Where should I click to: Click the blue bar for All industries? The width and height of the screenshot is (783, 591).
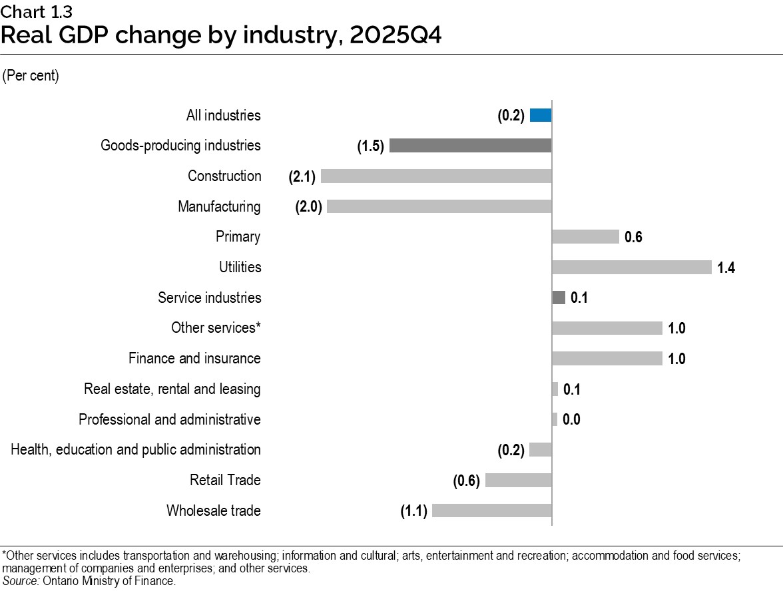click(541, 115)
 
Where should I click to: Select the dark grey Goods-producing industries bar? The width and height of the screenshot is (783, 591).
click(470, 146)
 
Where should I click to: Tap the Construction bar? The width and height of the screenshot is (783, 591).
click(436, 176)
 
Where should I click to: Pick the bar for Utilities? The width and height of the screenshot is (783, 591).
click(632, 268)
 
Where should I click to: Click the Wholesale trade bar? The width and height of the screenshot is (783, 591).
click(492, 511)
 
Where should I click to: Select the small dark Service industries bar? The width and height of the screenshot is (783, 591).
click(559, 297)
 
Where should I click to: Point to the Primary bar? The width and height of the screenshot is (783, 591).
click(585, 237)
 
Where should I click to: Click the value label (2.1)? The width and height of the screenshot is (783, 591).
click(302, 176)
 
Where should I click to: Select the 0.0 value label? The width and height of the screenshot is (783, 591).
click(571, 420)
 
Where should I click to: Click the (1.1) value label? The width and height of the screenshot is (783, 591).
click(413, 511)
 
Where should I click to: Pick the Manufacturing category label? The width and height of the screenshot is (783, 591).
click(219, 207)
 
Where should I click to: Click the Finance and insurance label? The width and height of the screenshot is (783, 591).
click(194, 359)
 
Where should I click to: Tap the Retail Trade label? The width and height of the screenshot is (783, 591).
click(225, 481)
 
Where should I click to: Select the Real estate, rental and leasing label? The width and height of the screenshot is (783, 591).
click(172, 389)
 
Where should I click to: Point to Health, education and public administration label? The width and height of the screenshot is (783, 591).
click(136, 450)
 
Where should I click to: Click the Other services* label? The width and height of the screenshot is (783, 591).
click(216, 328)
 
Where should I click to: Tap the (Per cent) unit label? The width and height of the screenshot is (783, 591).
click(31, 76)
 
